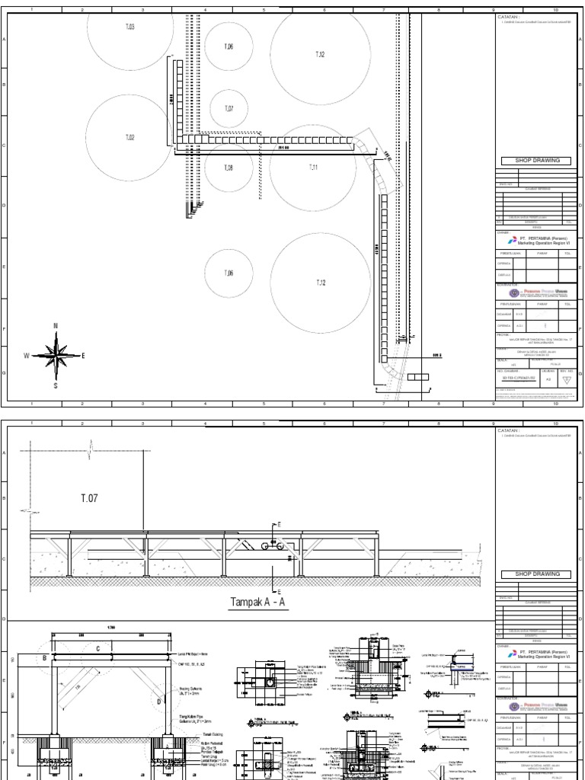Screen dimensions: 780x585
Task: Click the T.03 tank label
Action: coord(129,27)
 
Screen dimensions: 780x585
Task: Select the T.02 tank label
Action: coord(129,138)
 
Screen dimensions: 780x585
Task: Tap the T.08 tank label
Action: coord(229,168)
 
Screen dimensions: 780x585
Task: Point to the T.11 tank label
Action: coord(313,167)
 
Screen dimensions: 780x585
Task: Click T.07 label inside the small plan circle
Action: coord(229,109)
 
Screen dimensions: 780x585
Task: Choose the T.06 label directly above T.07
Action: coord(229,47)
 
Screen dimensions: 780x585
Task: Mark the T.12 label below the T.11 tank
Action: coord(321,283)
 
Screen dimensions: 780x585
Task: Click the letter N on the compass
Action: coord(56,327)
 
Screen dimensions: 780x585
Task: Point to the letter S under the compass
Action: coord(56,385)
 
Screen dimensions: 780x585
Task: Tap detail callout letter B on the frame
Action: coord(45,656)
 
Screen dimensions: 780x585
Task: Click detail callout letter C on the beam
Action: coord(97,648)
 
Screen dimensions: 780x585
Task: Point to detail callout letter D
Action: coord(159,700)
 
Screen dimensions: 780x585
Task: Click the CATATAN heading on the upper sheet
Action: coord(510,14)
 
